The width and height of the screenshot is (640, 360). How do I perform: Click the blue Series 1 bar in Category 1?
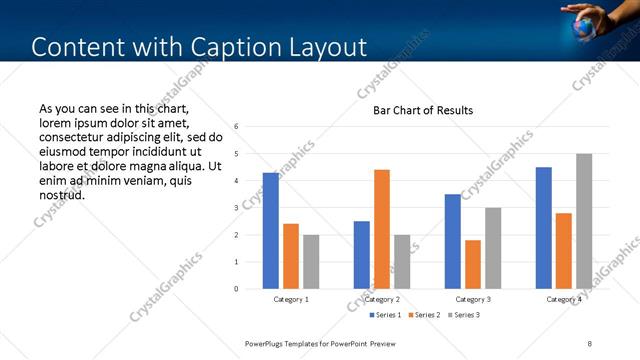271,231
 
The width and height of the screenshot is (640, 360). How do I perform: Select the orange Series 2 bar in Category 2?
382,229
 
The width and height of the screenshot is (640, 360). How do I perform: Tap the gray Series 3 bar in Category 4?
584,221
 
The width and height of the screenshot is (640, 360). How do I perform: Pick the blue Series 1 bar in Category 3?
453,241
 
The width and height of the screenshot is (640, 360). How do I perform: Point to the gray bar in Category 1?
311,262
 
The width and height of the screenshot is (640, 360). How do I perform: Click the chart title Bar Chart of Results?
423,110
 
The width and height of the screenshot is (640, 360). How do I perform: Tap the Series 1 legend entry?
387,315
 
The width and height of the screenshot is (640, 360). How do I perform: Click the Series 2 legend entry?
424,315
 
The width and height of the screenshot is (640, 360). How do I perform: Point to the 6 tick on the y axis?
236,127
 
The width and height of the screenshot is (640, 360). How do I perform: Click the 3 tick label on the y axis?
236,208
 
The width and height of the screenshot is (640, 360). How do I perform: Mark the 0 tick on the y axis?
236,289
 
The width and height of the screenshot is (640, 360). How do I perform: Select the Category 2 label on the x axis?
382,299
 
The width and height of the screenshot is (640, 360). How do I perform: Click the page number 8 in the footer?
590,343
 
